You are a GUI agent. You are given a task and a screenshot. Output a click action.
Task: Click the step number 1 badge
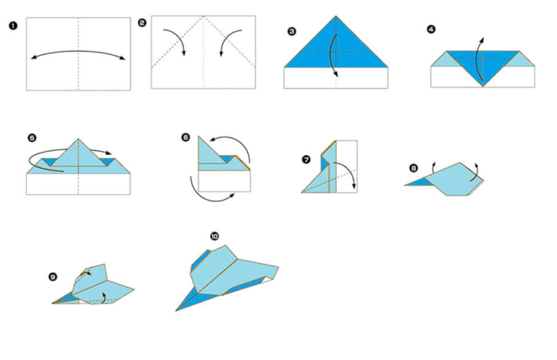pos(13,26)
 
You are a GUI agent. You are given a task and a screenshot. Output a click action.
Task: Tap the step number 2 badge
pos(142,23)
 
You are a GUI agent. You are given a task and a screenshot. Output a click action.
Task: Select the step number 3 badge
pos(292,32)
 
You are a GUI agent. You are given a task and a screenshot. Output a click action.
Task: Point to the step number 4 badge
pos(431,29)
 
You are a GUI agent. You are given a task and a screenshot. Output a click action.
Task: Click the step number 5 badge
pos(32,138)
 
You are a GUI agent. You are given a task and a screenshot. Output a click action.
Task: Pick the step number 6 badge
pos(186,137)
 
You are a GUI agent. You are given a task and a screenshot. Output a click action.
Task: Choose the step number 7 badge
pos(306,159)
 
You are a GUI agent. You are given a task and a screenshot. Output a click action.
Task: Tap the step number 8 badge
pos(413,168)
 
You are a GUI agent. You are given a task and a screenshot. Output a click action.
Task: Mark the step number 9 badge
pos(53,277)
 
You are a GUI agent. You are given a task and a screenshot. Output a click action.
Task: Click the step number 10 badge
pos(214,236)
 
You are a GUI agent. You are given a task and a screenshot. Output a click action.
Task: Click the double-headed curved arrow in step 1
pos(78,52)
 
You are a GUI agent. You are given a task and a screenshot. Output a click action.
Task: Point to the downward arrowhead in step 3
pos(335,74)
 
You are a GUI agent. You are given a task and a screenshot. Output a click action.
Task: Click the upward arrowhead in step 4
pos(482,39)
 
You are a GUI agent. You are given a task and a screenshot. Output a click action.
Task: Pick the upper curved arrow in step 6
pos(234,139)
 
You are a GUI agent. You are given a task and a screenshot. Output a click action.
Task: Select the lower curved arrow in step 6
pos(208,199)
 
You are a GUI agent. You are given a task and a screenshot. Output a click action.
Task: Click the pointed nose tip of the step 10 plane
pos(176,310)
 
